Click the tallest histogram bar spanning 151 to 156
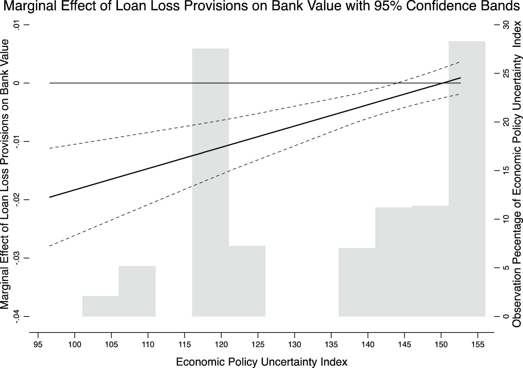click(467, 178)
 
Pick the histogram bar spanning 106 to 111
click(137, 291)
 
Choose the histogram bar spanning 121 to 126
click(247, 281)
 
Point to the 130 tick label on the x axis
click(295, 344)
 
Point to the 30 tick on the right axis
click(506, 25)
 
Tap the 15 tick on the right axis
click(506, 171)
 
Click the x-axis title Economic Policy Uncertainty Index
click(261, 362)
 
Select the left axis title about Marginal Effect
click(5, 174)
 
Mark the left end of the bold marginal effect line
click(50, 197)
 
